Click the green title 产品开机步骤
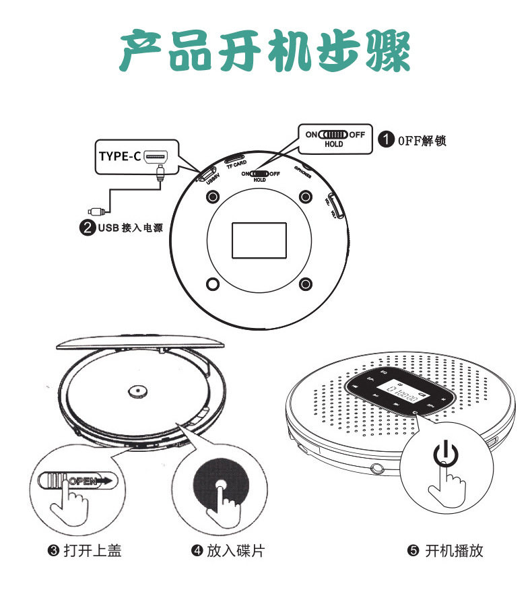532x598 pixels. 265,51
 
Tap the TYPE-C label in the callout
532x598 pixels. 120,157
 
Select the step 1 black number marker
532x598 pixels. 385,140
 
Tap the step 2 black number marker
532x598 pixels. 88,228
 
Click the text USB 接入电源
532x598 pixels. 130,228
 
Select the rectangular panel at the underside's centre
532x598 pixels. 259,240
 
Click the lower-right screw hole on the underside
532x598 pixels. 306,284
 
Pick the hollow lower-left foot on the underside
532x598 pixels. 213,284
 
